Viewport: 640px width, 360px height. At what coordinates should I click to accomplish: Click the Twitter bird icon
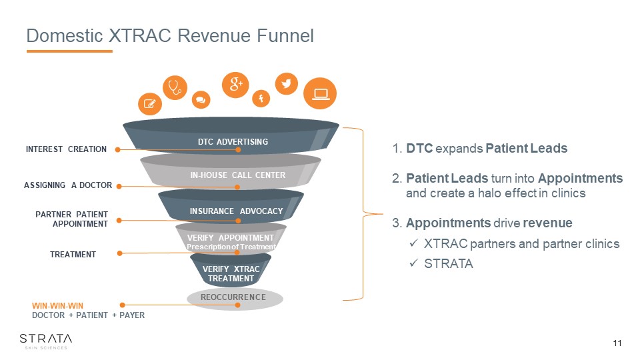287,84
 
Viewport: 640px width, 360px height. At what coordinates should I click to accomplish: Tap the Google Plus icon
235,85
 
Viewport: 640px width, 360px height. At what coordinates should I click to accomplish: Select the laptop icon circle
320,93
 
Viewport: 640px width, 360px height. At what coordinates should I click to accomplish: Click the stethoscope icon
175,87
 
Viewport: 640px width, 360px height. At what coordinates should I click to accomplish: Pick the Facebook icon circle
261,99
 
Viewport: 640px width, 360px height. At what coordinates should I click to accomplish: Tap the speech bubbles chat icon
201,99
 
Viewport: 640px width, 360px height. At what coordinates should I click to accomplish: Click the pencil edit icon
150,104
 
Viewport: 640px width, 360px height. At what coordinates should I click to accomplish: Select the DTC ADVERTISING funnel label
233,141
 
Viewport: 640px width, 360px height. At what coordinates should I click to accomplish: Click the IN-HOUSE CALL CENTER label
238,175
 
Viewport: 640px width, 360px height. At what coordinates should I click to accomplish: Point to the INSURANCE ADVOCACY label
236,211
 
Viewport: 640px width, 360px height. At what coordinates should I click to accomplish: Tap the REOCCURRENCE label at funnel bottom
233,297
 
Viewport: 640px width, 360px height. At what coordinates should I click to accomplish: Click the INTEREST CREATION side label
66,149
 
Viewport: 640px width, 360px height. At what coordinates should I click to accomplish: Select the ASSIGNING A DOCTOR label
68,185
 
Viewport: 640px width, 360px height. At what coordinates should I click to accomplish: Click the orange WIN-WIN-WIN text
57,306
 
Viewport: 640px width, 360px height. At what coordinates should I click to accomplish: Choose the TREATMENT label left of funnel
73,255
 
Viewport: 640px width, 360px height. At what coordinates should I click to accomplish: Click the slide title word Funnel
285,35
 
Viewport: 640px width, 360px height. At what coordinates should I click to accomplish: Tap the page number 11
617,343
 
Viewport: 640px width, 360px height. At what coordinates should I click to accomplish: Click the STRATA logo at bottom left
46,341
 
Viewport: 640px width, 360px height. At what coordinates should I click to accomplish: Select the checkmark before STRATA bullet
413,263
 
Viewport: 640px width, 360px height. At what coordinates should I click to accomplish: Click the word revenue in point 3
547,223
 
